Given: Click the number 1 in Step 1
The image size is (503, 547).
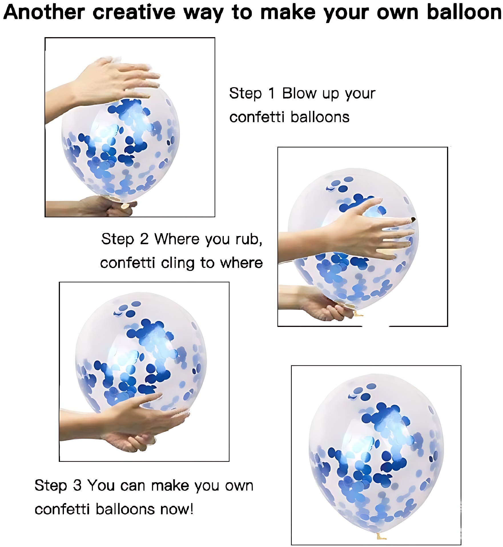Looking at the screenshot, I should coord(271,93).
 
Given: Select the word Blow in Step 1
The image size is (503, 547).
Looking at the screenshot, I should coord(299,93).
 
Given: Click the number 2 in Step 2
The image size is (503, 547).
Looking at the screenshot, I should coord(144,239).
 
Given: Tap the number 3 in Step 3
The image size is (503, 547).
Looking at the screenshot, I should coord(77,485).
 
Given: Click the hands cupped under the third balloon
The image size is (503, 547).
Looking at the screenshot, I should coord(134,423).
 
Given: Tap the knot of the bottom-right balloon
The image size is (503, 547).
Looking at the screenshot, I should coord(380,536).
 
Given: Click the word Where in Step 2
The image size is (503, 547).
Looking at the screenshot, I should coord(177,239).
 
